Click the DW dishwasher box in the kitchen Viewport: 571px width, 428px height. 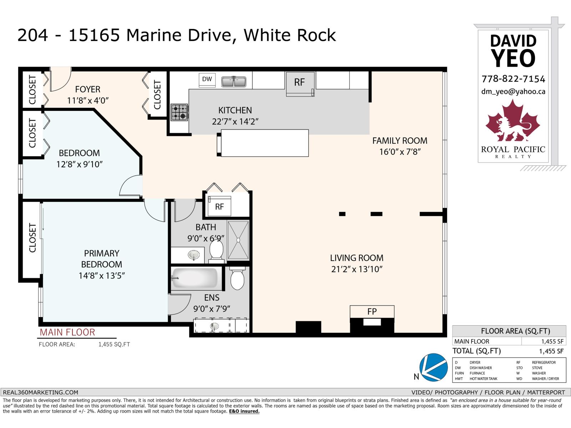click(207, 80)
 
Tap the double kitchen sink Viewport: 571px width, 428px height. click(234, 82)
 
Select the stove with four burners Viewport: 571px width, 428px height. click(180, 112)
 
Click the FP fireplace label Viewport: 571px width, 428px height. click(372, 311)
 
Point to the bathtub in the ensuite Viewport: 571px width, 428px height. click(194, 278)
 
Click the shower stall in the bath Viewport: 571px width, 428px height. click(238, 240)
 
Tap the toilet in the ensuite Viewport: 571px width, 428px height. click(237, 279)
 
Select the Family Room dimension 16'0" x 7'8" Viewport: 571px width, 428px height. click(400, 152)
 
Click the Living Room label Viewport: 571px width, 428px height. click(357, 258)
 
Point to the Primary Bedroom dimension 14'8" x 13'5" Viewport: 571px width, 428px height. click(101, 276)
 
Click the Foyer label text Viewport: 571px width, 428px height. click(87, 89)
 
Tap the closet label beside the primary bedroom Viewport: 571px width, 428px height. click(32, 238)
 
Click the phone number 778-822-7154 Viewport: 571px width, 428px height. click(513, 79)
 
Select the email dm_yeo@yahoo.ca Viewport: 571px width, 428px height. click(513, 92)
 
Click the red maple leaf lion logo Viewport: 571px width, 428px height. click(513, 121)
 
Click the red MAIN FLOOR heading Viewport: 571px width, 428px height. click(67, 332)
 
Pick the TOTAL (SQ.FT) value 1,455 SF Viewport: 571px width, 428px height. click(551, 351)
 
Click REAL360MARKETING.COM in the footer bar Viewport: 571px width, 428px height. click(40, 392)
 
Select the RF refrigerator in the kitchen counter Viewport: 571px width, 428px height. click(299, 82)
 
